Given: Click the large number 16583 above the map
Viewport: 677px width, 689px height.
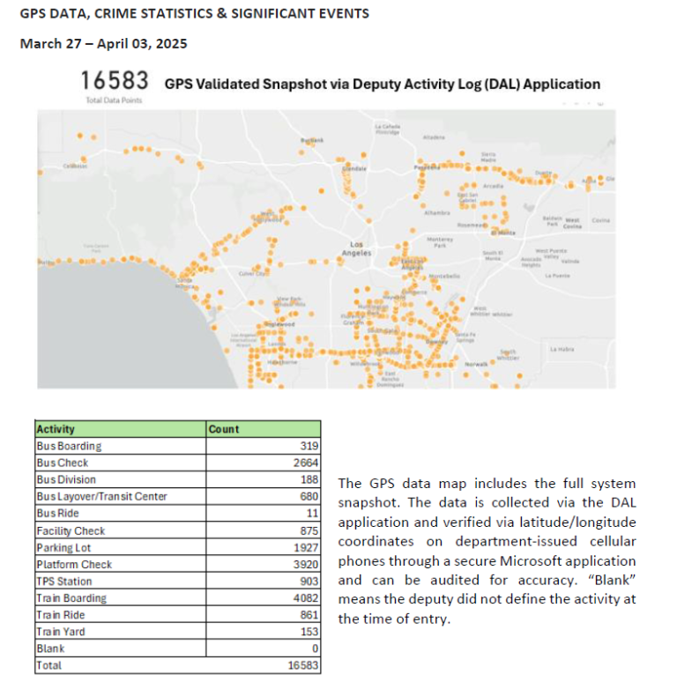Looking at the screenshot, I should [114, 81].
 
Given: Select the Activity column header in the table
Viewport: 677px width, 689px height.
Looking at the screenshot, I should [56, 429].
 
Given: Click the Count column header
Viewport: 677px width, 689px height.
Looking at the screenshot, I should [224, 429].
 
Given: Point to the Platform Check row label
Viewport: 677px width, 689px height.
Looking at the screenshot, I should [74, 564].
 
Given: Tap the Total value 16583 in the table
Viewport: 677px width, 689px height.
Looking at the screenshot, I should [300, 665].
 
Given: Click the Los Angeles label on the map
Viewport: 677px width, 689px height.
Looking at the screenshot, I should [356, 248].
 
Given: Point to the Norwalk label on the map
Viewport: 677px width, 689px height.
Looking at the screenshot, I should [476, 364].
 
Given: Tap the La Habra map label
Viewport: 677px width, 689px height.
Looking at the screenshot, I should [562, 350].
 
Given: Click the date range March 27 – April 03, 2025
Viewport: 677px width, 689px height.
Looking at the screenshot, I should [104, 43].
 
